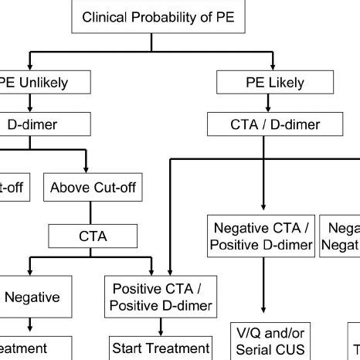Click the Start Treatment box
[x=160, y=348]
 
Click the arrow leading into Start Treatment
[x=159, y=325]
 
